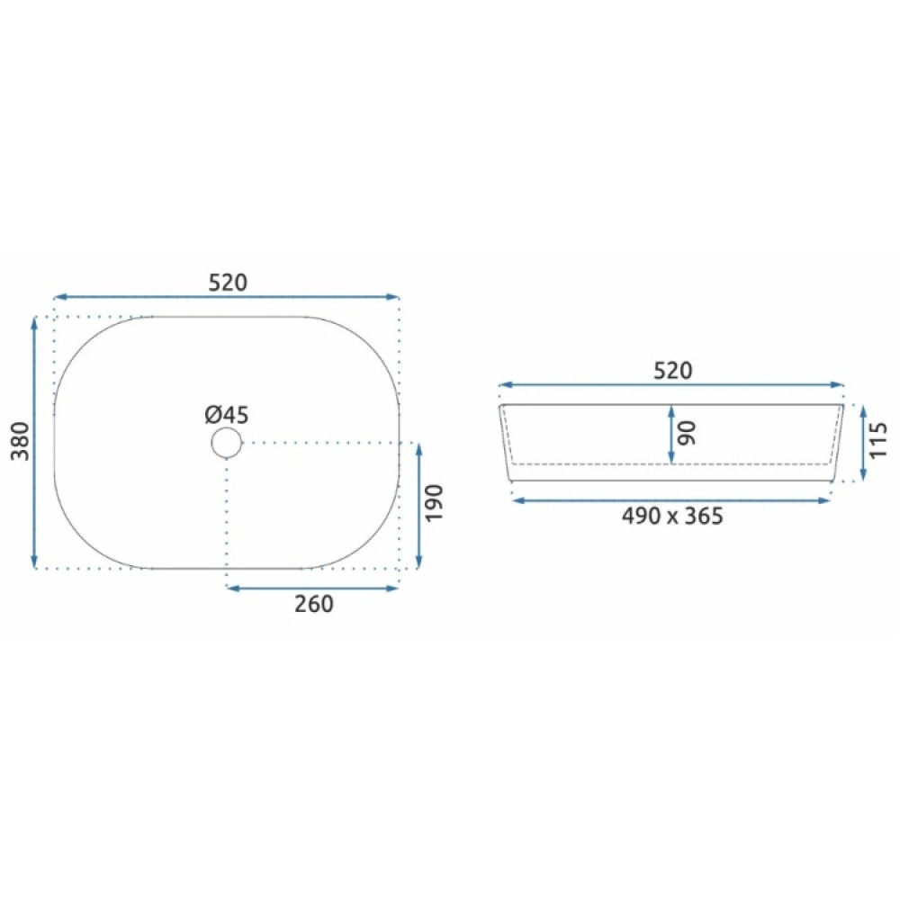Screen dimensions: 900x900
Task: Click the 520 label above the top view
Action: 228,283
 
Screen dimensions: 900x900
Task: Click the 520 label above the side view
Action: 672,371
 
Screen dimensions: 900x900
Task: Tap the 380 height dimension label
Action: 21,441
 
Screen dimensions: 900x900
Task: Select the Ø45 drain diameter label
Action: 227,414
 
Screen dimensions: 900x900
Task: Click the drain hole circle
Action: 227,428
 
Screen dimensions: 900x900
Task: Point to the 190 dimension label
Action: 435,503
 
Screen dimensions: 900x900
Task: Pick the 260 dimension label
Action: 314,604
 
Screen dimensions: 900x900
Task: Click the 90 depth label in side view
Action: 687,434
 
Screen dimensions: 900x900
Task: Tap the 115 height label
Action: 878,440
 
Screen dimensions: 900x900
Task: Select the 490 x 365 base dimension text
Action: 672,516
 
